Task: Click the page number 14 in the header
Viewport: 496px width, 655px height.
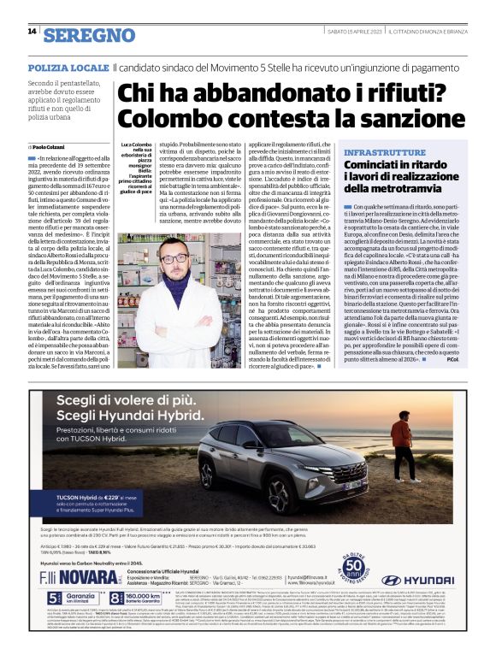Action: click(x=32, y=32)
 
